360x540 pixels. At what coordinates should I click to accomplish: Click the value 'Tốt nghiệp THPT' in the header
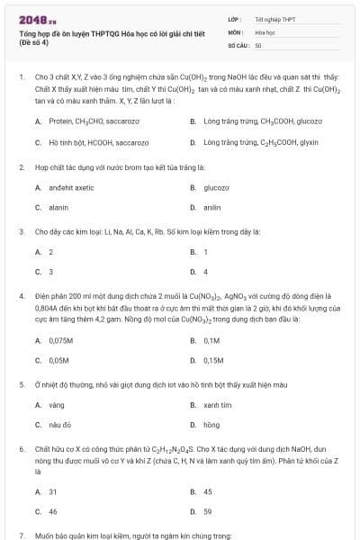[269, 19]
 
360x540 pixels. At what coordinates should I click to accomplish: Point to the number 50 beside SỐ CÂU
[258, 44]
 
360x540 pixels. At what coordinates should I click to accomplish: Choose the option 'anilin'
[212, 208]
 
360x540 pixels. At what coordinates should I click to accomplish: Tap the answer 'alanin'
[58, 208]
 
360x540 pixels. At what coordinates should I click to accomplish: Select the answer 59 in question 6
[207, 511]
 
